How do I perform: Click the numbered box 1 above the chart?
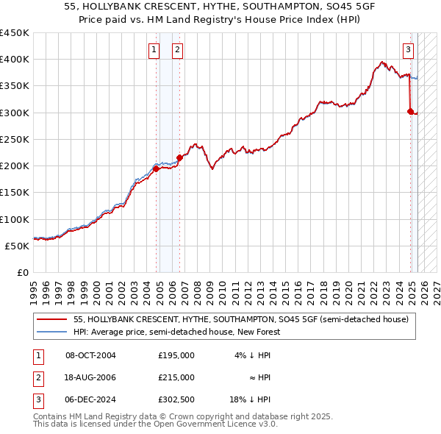point(154,50)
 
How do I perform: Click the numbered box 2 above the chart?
point(178,50)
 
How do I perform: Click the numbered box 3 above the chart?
point(408,50)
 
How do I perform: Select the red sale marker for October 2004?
point(157,168)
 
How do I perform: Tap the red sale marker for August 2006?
point(180,157)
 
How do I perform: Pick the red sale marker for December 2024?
point(411,111)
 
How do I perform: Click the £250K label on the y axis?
point(15,139)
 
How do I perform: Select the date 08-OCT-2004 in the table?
point(90,355)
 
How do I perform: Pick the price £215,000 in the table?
point(176,377)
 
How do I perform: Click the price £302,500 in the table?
point(176,399)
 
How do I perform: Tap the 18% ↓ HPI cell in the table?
point(250,399)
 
